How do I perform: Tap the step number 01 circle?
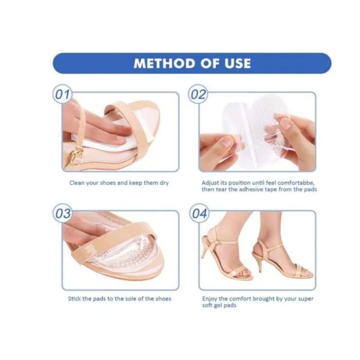click(62, 94)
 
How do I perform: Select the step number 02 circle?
click(198, 94)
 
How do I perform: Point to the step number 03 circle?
click(63, 213)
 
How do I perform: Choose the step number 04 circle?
click(199, 213)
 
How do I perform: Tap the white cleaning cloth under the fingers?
click(103, 142)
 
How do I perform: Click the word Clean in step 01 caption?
click(77, 183)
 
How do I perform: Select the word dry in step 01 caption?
click(164, 184)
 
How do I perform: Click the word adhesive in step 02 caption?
click(252, 189)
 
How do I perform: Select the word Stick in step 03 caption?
click(74, 299)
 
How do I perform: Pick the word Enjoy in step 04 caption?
click(210, 299)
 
